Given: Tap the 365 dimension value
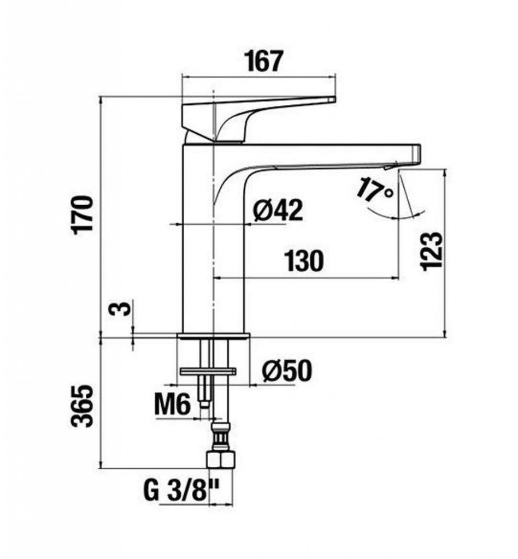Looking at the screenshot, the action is [x=83, y=406].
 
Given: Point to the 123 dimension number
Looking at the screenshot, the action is [x=432, y=252].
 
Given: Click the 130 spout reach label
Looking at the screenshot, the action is [x=304, y=261].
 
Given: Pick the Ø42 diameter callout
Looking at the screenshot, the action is [x=278, y=210].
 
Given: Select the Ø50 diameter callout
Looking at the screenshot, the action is [x=287, y=371].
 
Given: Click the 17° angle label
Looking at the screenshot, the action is [x=375, y=189].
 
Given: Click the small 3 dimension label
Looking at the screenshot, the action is [x=123, y=308].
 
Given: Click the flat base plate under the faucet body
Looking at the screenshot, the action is [x=214, y=336].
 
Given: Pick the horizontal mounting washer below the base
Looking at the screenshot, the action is [x=208, y=371].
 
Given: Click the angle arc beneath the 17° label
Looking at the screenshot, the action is [x=397, y=216].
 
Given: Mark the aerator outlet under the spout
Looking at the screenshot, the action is [x=391, y=166].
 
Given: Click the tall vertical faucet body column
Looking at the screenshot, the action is [x=213, y=239].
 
